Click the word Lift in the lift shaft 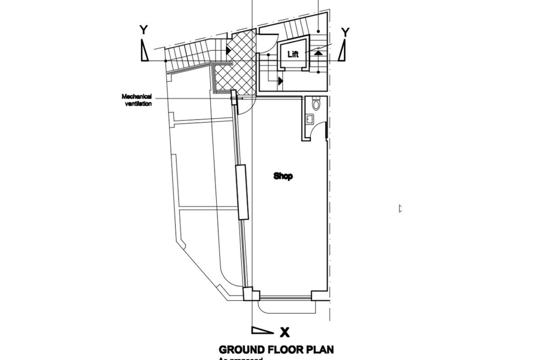click(293, 54)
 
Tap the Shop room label click(283, 176)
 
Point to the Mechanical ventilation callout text click(137, 100)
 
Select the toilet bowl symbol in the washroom click(316, 104)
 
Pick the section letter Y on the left click(144, 30)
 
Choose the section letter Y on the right click(345, 32)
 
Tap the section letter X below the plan click(285, 332)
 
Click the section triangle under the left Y click(145, 50)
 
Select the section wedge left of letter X click(262, 330)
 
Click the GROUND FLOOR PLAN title click(276, 350)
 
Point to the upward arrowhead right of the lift click(318, 53)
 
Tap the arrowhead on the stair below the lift click(280, 81)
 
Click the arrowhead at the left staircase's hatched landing click(228, 50)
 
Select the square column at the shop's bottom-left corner click(248, 294)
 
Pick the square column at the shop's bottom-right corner click(317, 295)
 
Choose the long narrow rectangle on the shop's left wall click(241, 192)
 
